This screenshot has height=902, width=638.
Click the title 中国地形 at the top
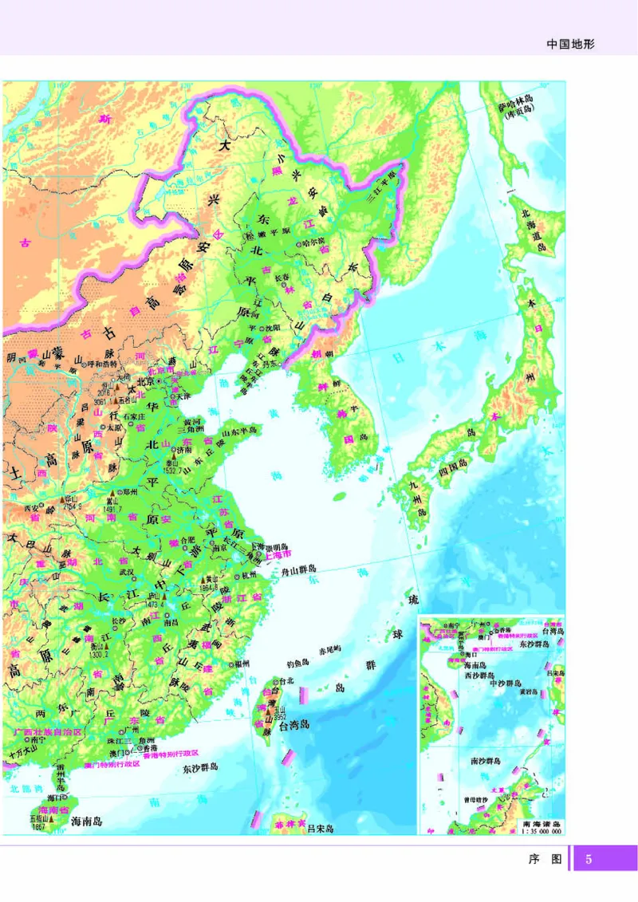pos(571,45)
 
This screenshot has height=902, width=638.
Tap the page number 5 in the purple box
pos(589,859)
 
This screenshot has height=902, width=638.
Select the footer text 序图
pos(546,859)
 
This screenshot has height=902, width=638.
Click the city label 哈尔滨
pos(313,240)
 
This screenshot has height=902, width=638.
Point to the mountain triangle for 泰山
pos(168,460)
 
